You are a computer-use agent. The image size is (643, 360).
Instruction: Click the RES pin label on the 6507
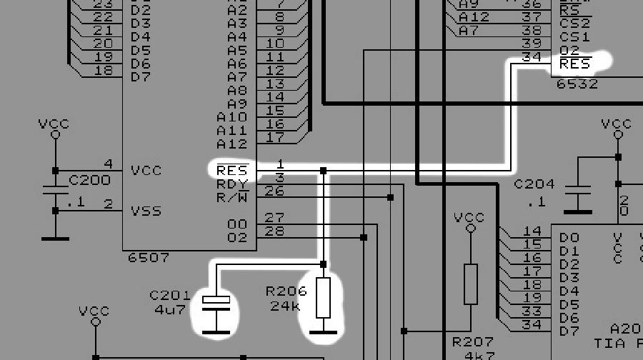pyautogui.click(x=231, y=171)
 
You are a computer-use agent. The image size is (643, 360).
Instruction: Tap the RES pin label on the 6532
pyautogui.click(x=575, y=64)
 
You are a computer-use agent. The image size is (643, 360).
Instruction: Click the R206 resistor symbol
pyautogui.click(x=323, y=298)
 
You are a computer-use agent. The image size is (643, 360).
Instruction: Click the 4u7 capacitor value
pyautogui.click(x=169, y=309)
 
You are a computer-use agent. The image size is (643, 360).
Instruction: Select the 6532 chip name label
pyautogui.click(x=577, y=84)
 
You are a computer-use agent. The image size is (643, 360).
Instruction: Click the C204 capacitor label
pyautogui.click(x=534, y=185)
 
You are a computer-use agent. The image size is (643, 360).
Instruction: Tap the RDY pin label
pyautogui.click(x=231, y=184)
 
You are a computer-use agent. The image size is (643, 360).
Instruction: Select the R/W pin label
pyautogui.click(x=231, y=197)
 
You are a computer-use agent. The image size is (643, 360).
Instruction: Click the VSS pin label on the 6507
pyautogui.click(x=146, y=211)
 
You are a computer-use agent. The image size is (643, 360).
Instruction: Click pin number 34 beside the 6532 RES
pyautogui.click(x=532, y=58)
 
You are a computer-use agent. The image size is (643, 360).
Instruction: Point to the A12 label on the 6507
pyautogui.click(x=231, y=144)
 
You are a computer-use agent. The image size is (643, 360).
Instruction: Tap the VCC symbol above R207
pyautogui.click(x=469, y=219)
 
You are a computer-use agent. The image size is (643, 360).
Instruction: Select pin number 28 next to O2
pyautogui.click(x=274, y=231)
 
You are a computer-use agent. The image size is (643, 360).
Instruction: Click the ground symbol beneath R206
pyautogui.click(x=323, y=331)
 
